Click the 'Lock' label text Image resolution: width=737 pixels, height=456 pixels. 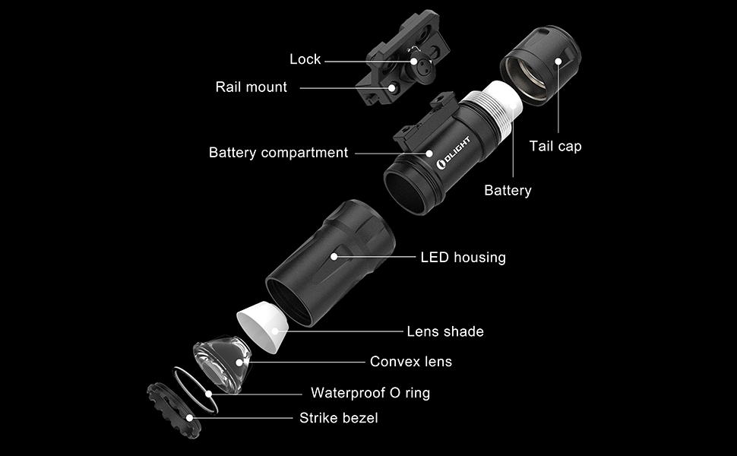pos(305,59)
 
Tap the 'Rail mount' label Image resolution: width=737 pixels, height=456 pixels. pos(251,87)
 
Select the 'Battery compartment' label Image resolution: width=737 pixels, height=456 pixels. pos(278,153)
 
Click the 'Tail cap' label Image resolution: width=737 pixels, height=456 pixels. pos(555,146)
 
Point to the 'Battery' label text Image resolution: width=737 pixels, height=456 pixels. pos(508,190)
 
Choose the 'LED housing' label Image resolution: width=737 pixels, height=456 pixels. pos(463,258)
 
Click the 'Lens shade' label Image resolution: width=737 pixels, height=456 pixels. pos(445,331)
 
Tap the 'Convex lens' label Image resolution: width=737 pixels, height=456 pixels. pos(410,362)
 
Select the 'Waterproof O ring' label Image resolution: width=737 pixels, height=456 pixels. pos(370,393)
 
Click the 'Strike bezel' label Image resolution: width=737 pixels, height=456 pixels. pos(338,418)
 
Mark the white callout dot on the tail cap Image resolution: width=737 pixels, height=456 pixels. pos(558,60)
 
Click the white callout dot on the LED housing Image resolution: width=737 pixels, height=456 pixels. pos(334,257)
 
